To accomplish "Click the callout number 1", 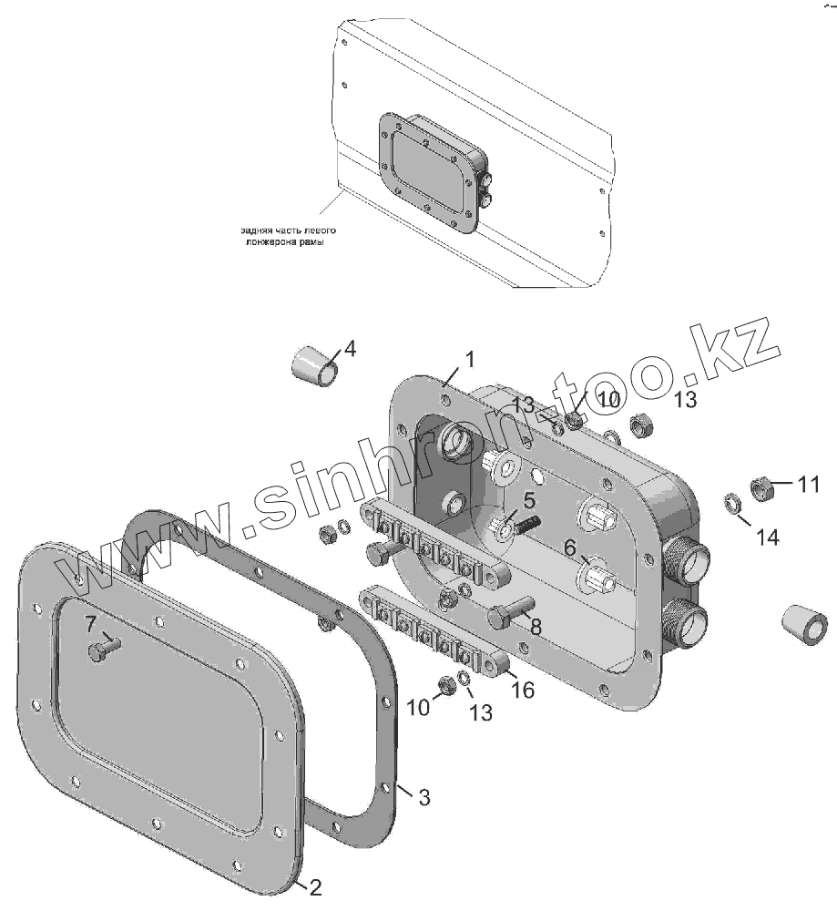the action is click(x=469, y=361).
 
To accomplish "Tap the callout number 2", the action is click(x=315, y=887).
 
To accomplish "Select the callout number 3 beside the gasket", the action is click(x=424, y=797).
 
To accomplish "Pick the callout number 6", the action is click(x=569, y=548).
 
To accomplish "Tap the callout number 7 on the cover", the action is click(x=90, y=625).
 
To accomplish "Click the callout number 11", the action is click(x=809, y=485).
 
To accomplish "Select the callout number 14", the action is click(x=768, y=537).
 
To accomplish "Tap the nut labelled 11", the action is click(x=760, y=488).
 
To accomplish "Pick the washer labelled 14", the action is click(x=731, y=502).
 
